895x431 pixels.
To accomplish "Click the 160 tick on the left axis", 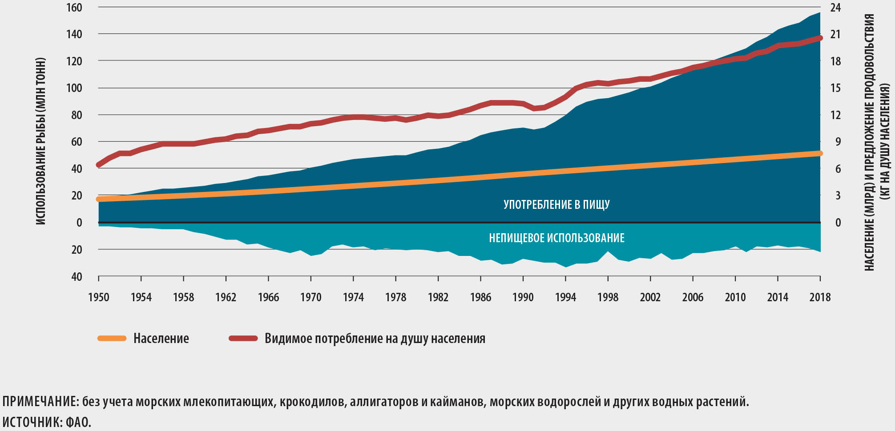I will click(x=74, y=8).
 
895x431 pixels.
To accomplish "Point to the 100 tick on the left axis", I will click(x=74, y=88).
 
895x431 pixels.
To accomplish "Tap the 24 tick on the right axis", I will click(x=835, y=8).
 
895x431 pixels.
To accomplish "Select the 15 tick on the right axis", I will click(x=835, y=88).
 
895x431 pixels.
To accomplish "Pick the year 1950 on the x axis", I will click(x=98, y=297).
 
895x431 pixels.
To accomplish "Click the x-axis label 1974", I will click(x=353, y=297).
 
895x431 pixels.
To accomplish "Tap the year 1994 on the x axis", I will click(x=565, y=297).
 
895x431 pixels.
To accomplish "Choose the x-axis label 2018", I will click(x=820, y=297).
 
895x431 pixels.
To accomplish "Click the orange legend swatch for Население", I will click(x=112, y=339).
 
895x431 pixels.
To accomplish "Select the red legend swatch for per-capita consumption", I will click(x=243, y=339).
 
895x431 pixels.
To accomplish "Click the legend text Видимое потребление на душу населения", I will click(x=375, y=339).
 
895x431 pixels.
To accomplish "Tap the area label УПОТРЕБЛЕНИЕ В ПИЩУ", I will click(x=556, y=204).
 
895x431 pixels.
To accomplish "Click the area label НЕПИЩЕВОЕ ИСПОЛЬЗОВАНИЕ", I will click(x=556, y=238).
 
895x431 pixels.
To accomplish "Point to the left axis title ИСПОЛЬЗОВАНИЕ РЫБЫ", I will click(x=41, y=141).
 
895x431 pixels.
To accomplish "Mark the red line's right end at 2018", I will click(x=820, y=38).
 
